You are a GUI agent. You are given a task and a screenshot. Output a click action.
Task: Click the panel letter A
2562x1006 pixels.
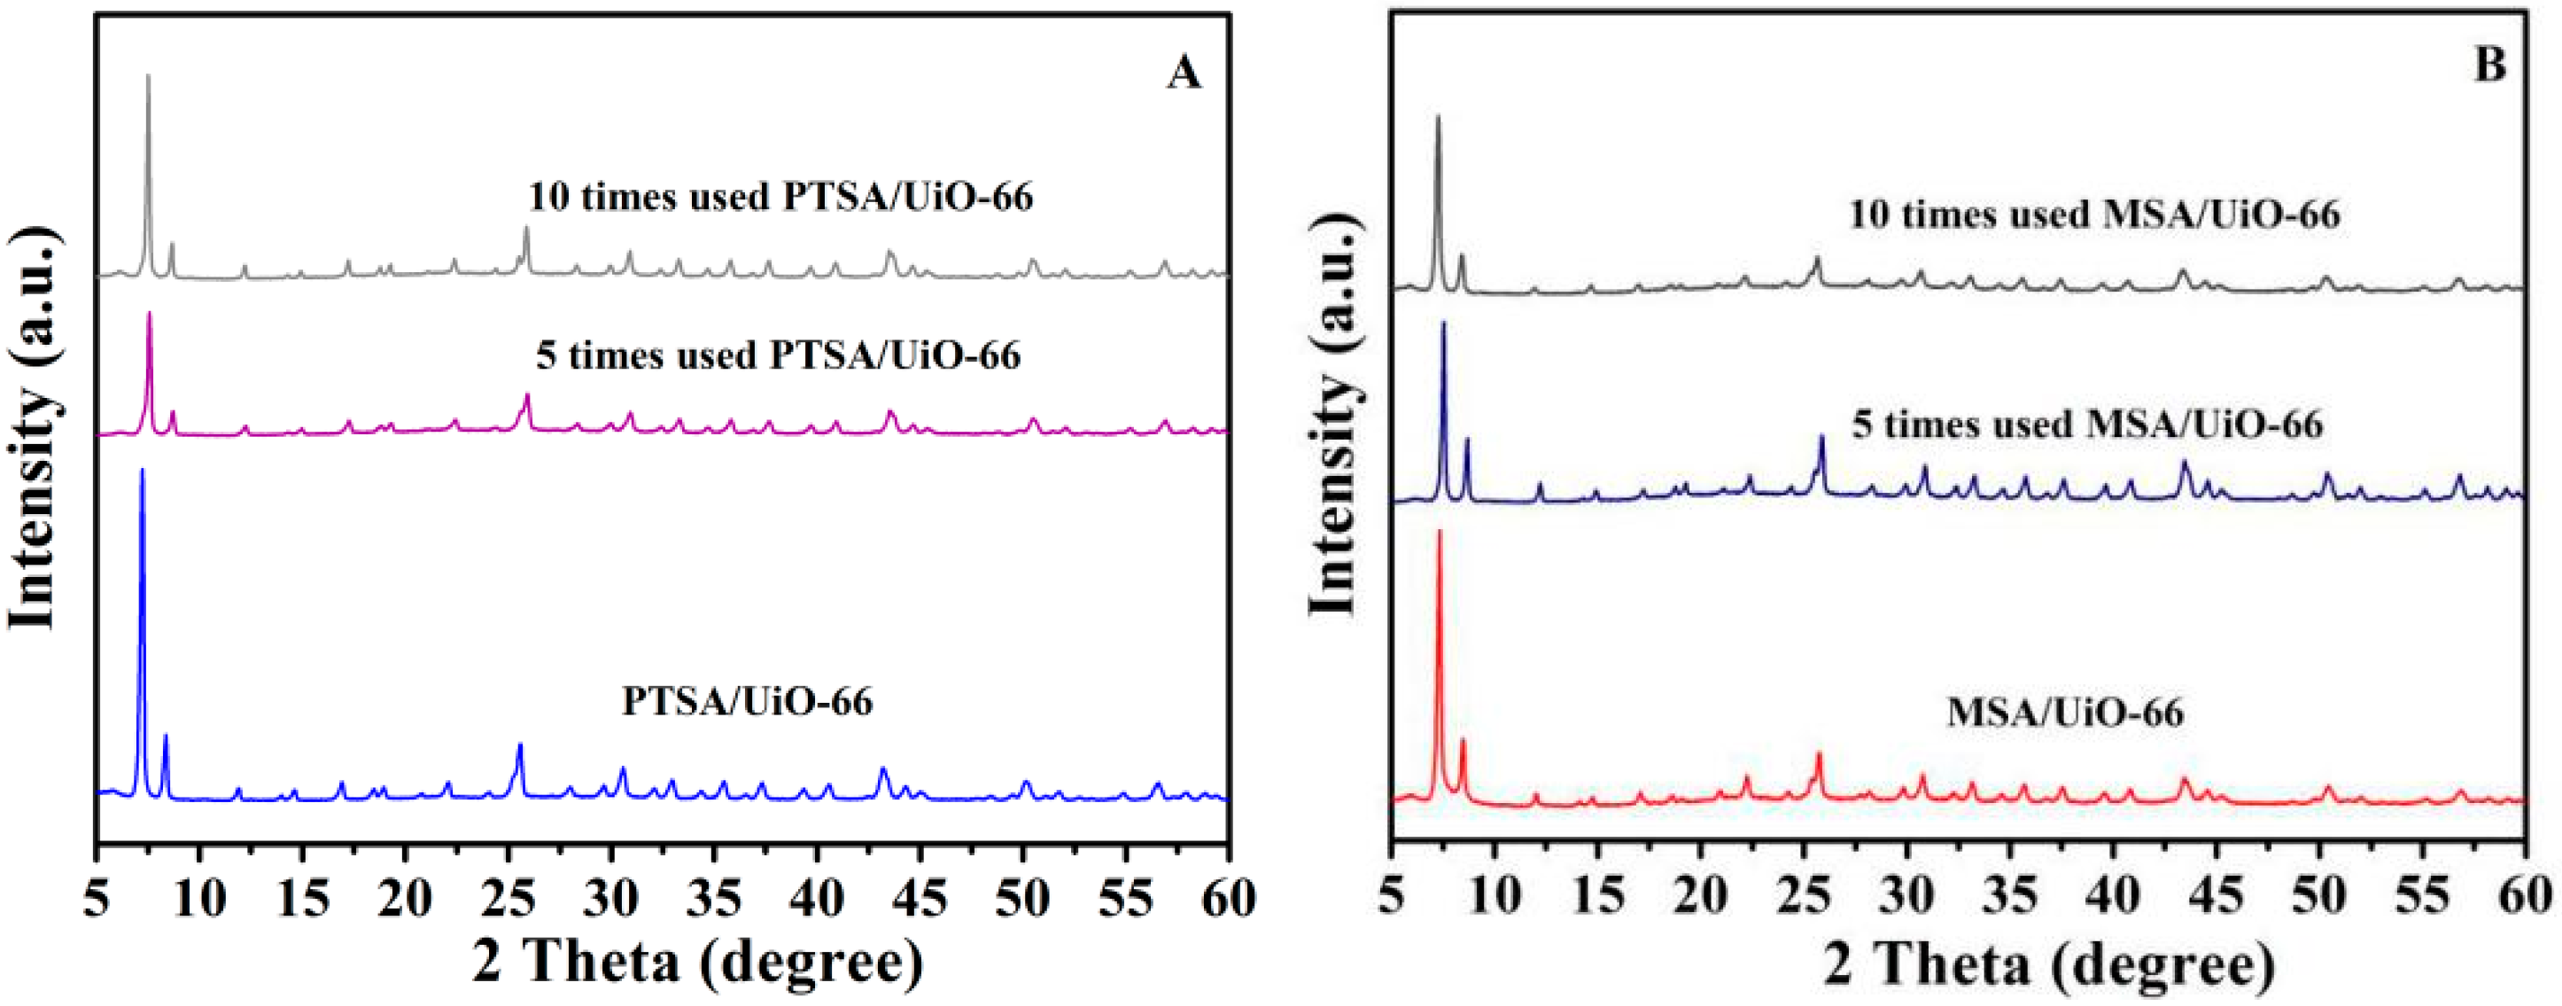(x=1183, y=73)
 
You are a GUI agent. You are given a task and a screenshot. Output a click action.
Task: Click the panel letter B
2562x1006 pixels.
(x=2488, y=65)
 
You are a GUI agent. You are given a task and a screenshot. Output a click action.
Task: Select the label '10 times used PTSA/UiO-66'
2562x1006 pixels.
(x=780, y=197)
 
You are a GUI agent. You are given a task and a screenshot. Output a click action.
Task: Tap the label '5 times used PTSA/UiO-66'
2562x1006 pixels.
(x=779, y=355)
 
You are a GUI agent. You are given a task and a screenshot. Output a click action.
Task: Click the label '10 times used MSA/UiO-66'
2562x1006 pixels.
(x=2094, y=214)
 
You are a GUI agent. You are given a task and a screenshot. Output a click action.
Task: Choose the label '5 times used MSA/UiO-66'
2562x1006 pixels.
(x=2087, y=425)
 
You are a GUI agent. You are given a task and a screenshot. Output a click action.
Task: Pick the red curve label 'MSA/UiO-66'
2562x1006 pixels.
(x=2065, y=713)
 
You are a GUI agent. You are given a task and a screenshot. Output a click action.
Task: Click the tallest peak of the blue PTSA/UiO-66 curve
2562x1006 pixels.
(x=143, y=471)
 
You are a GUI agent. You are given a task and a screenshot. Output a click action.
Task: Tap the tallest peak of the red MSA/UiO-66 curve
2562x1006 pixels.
(x=1438, y=533)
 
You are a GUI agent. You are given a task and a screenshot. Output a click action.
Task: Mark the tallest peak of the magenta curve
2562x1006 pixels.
(x=149, y=315)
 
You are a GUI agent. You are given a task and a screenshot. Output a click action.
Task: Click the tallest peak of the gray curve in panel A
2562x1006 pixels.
(x=148, y=76)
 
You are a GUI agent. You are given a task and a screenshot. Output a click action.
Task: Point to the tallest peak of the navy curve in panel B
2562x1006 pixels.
(x=1443, y=324)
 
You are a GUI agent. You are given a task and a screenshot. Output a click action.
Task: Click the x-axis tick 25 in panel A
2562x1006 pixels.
(x=509, y=900)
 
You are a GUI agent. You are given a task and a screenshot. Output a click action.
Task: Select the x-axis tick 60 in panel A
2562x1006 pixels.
(x=1230, y=900)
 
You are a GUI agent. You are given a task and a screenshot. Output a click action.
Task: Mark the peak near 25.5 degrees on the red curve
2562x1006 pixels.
(x=1819, y=754)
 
